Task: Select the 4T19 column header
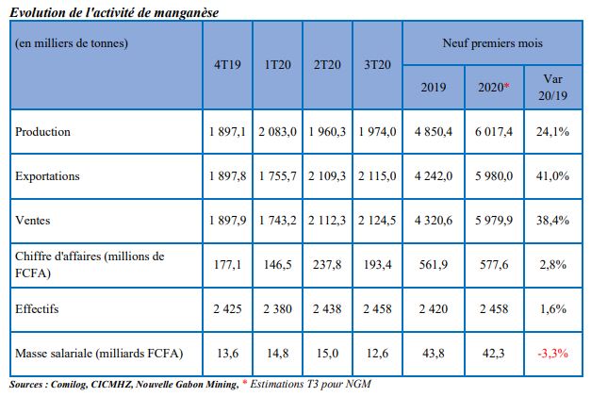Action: (x=226, y=65)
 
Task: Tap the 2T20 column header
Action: (x=327, y=65)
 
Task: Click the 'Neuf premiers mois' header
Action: (x=491, y=44)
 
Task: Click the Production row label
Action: (x=42, y=132)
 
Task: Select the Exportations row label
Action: (x=47, y=176)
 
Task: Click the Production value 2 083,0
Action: (x=277, y=132)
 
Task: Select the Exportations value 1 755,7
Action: (x=277, y=176)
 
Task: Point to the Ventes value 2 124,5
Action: (x=378, y=220)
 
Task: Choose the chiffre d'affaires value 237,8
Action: (x=327, y=265)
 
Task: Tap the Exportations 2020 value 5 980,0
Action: (x=494, y=176)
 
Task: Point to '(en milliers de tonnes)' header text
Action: (x=72, y=43)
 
